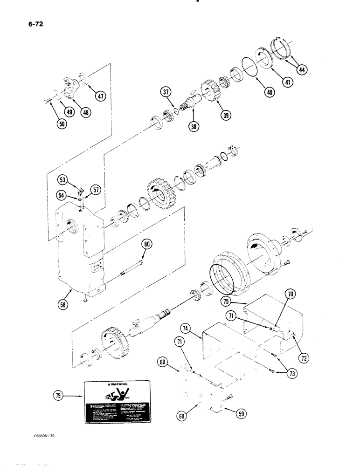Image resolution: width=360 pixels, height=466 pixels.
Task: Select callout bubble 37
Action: point(165,92)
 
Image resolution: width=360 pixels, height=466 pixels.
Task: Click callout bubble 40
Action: point(269,92)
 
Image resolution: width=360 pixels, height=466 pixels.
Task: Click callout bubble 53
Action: point(62,179)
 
